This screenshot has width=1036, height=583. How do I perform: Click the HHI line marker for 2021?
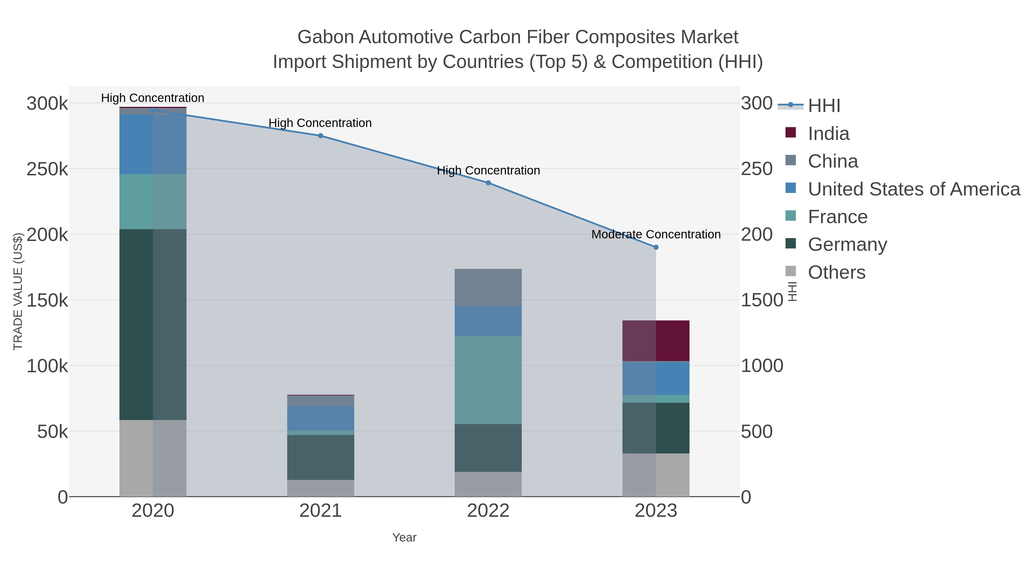pos(321,136)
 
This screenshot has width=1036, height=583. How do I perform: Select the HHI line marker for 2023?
pos(656,247)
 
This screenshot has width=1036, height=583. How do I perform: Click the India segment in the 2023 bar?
pos(656,341)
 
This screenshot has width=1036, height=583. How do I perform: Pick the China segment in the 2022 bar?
pos(488,287)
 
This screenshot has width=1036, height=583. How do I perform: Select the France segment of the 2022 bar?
pos(488,380)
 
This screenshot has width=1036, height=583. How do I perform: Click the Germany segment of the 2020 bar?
pos(153,324)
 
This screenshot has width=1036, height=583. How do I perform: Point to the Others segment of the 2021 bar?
pos(321,488)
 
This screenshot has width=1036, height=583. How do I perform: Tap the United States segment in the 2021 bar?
pos(321,418)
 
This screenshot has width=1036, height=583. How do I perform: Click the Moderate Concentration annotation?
pos(656,235)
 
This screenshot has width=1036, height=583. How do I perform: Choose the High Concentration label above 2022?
pos(488,171)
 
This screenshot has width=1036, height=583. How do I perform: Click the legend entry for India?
pos(829,134)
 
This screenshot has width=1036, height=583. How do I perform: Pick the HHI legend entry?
pos(824,106)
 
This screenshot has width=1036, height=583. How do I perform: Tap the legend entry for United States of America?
pos(913,189)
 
